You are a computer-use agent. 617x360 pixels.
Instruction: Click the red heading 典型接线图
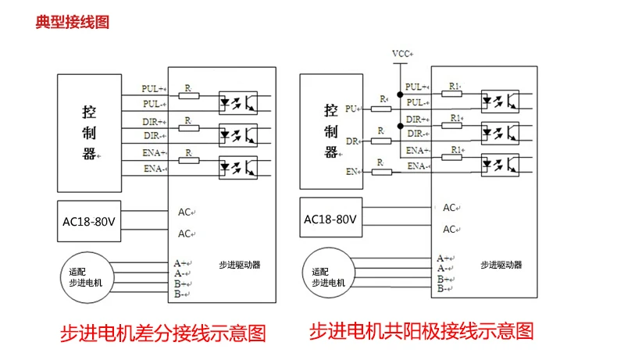coord(73,22)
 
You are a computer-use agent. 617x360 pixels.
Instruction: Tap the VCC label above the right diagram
coord(402,54)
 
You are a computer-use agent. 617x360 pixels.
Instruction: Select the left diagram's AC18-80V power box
coord(89,221)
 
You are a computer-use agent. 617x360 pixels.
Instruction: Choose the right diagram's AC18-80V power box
coord(331,218)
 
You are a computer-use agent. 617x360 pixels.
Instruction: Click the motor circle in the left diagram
coord(87,277)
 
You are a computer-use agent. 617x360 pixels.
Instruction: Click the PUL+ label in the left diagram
coord(153,88)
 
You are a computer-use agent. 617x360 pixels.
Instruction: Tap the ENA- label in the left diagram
coord(155,169)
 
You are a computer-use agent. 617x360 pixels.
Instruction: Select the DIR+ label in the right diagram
coord(417,119)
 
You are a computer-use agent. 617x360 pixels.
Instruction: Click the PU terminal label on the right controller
coord(351,109)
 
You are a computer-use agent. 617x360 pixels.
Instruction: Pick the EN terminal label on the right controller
coord(352,172)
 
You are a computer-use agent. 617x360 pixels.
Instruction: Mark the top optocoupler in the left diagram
coord(238,102)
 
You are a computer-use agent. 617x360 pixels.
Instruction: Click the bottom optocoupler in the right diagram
coord(500,165)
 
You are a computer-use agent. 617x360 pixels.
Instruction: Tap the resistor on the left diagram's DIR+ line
coord(189,128)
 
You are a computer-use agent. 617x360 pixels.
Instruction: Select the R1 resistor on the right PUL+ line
coord(451,94)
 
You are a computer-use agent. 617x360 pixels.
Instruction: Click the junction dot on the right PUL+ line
coord(400,94)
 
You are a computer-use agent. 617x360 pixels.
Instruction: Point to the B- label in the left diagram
coord(182,294)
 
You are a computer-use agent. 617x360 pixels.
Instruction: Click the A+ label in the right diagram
coord(445,258)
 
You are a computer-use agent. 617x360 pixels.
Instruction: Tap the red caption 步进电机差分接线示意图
coord(163,333)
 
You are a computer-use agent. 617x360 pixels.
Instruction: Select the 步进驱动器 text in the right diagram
coord(501,265)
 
